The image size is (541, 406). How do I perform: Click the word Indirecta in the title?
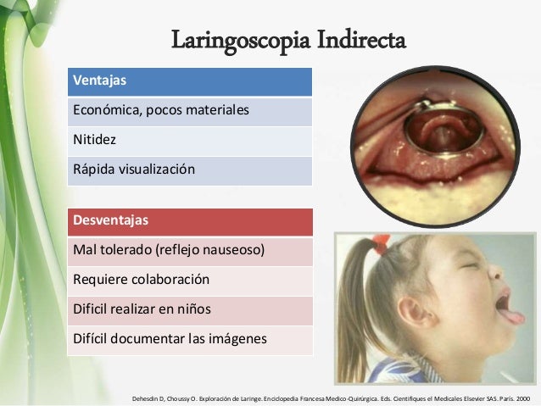click(x=356, y=40)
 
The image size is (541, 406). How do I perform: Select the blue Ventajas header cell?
click(x=191, y=81)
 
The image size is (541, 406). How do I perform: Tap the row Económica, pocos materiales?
click(x=191, y=111)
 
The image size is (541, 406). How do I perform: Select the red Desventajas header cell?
click(x=191, y=221)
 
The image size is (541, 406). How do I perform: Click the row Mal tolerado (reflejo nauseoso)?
click(x=191, y=251)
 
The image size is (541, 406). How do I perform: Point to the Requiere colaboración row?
click(x=191, y=281)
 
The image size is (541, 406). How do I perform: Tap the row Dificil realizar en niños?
click(x=191, y=310)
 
